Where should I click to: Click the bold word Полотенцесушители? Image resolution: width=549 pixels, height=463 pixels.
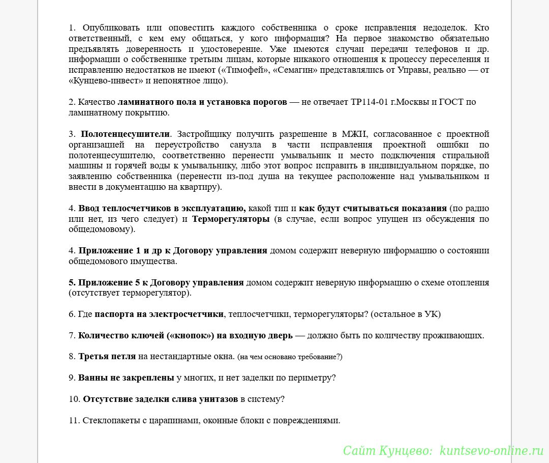point(125,134)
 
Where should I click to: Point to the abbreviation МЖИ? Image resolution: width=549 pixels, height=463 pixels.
point(356,134)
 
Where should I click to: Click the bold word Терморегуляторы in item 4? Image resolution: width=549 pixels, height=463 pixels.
point(231,219)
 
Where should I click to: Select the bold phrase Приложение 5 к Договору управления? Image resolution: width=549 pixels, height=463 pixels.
point(161,282)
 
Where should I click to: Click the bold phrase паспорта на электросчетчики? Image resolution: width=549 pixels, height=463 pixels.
point(159,314)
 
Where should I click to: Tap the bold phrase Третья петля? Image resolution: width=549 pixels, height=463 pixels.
point(107,356)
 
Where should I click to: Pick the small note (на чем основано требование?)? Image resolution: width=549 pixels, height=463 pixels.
point(290,357)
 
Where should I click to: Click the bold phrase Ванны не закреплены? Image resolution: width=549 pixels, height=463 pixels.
point(126,378)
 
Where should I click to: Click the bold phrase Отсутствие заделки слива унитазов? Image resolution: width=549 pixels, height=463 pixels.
point(160,399)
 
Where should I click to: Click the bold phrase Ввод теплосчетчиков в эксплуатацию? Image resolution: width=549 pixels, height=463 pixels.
point(162,208)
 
